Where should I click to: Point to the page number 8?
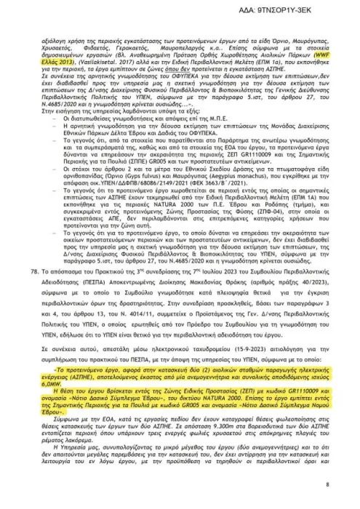coord(327,484)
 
